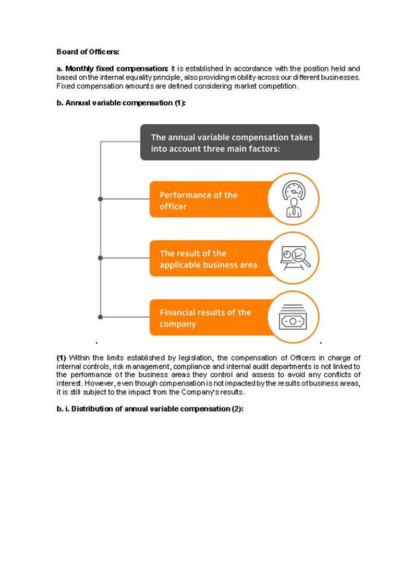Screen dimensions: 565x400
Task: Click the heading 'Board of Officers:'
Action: [88, 52]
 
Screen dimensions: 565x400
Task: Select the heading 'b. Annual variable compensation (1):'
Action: [121, 103]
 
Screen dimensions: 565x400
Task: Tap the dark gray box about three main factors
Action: [229, 142]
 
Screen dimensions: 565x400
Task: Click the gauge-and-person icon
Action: [293, 199]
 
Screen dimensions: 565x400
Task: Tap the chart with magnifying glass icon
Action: [293, 258]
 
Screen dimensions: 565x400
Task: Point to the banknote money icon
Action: [293, 317]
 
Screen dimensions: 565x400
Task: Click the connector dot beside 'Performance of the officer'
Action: [100, 199]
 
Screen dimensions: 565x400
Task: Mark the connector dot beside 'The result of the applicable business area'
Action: [100, 258]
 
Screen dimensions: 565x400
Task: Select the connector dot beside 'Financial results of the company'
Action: [100, 317]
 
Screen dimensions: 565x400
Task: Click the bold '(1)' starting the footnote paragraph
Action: [62, 358]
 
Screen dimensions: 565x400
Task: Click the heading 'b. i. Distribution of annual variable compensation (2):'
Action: [150, 409]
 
